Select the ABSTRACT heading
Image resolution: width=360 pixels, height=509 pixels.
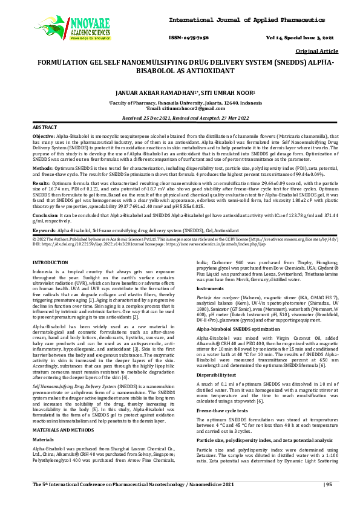click(x=45, y=129)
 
